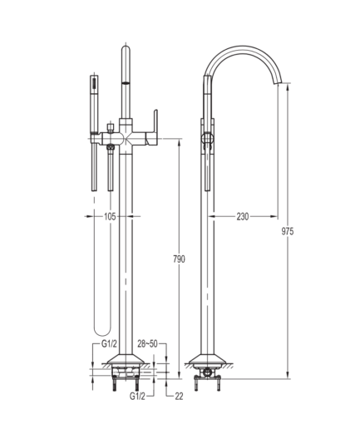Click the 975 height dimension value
pyautogui.click(x=288, y=231)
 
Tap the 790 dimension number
pyautogui.click(x=179, y=259)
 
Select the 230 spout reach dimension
pyautogui.click(x=243, y=216)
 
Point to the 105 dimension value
pyautogui.click(x=110, y=216)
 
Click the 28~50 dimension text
pyautogui.click(x=147, y=344)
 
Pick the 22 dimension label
pyautogui.click(x=179, y=397)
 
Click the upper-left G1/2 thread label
pyautogui.click(x=109, y=344)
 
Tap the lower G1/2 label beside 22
pyautogui.click(x=137, y=397)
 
